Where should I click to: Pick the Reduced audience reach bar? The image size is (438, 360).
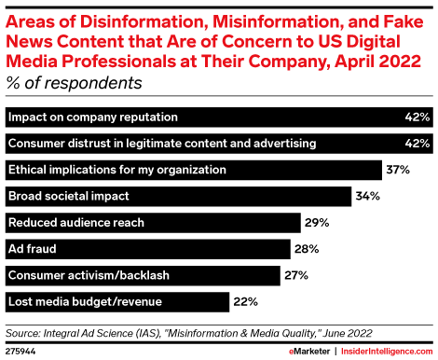click(x=153, y=223)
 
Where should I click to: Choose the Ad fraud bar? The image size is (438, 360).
click(x=149, y=249)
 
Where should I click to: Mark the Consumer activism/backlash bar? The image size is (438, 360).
click(x=143, y=275)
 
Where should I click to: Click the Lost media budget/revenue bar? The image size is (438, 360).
click(x=116, y=301)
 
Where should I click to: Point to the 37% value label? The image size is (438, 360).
click(x=398, y=171)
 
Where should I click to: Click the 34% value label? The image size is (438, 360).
click(x=366, y=197)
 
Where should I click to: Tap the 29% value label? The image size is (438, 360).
click(x=314, y=223)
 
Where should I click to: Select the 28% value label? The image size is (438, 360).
click(x=308, y=249)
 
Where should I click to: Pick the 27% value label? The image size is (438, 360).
click(x=294, y=275)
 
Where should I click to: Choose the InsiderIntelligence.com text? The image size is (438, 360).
click(x=387, y=350)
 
